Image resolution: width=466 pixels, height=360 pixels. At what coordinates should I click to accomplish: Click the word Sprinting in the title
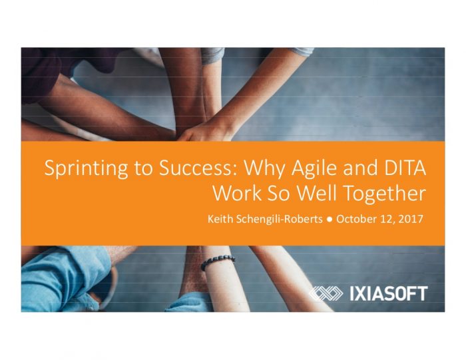[x=86, y=169]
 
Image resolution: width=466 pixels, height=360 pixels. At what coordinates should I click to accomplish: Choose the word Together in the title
[x=385, y=194]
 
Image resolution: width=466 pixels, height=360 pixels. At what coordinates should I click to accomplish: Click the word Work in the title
[x=237, y=193]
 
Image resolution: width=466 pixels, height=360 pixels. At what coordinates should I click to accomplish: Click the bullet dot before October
[x=329, y=220]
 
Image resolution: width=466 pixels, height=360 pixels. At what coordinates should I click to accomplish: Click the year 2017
[x=411, y=219]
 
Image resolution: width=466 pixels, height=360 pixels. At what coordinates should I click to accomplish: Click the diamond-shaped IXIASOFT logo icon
[x=326, y=293]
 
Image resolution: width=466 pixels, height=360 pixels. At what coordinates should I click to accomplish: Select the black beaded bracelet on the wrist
[x=218, y=262]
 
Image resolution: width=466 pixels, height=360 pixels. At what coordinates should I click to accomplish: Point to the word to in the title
[x=143, y=168]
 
